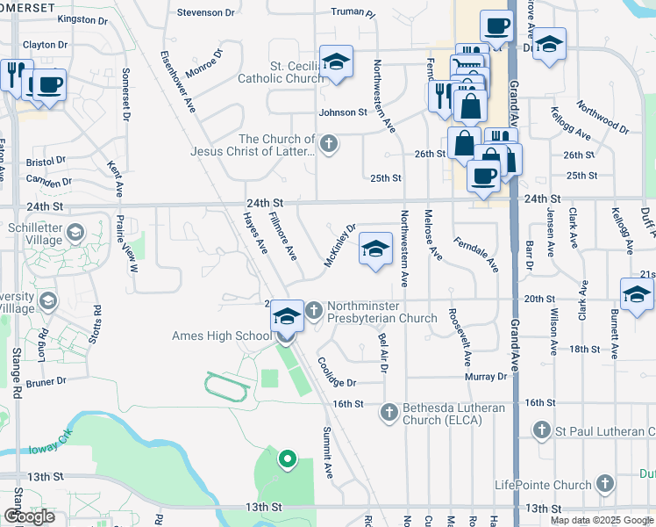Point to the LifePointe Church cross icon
coord(604,484)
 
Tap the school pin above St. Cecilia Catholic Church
coord(336,61)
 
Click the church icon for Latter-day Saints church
coord(328,144)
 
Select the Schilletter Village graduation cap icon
coord(75,233)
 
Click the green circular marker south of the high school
coord(286,458)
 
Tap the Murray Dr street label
coord(487,376)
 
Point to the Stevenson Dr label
coord(205,12)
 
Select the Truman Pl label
coord(353,14)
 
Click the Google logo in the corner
coord(29,516)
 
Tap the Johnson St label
coord(343,112)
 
